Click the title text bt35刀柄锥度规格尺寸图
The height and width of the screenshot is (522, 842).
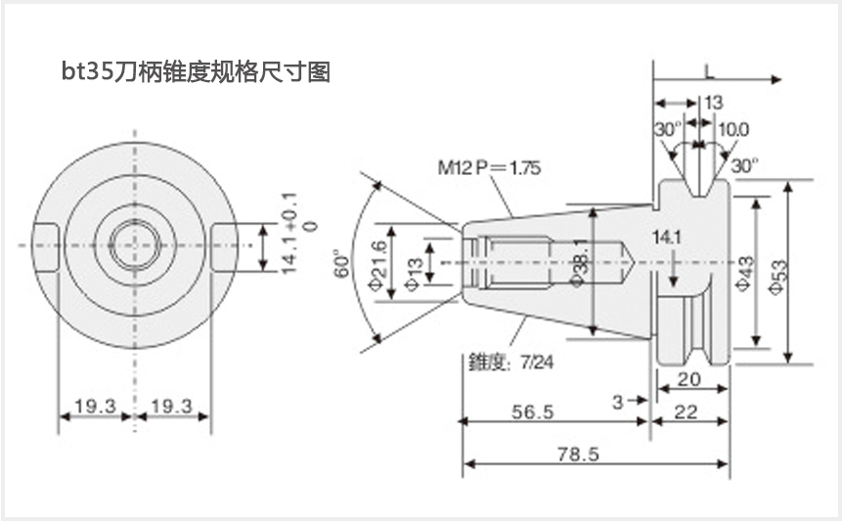pos(195,71)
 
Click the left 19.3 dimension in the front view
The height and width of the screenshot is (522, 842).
pos(95,405)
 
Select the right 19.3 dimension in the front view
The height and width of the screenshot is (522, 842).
pos(172,405)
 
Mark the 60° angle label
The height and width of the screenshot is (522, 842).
pos(341,263)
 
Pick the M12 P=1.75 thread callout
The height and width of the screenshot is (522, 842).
pos(489,168)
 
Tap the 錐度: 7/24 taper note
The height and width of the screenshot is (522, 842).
pos(510,363)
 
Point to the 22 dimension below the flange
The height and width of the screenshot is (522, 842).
pos(687,412)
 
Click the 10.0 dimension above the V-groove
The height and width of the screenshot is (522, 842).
pos(733,129)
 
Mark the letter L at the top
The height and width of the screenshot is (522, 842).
pos(709,69)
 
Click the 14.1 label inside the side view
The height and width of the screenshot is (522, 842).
pos(667,237)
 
